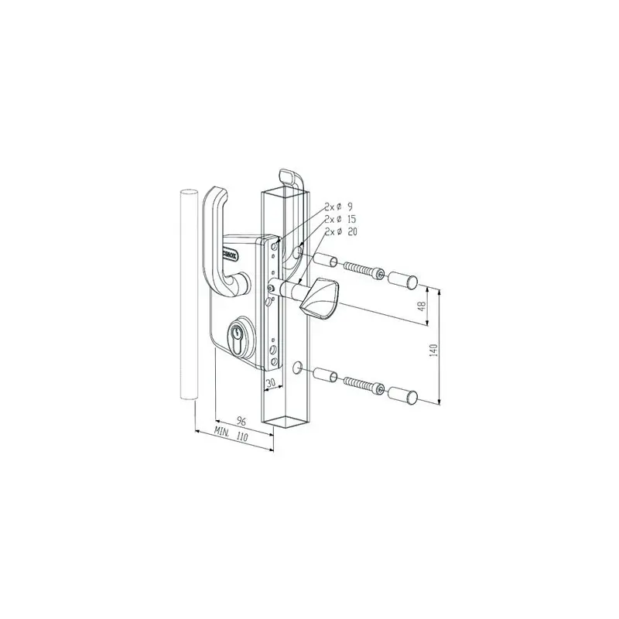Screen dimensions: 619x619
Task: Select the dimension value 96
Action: click(x=241, y=422)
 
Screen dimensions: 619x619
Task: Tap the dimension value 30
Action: click(x=271, y=381)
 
